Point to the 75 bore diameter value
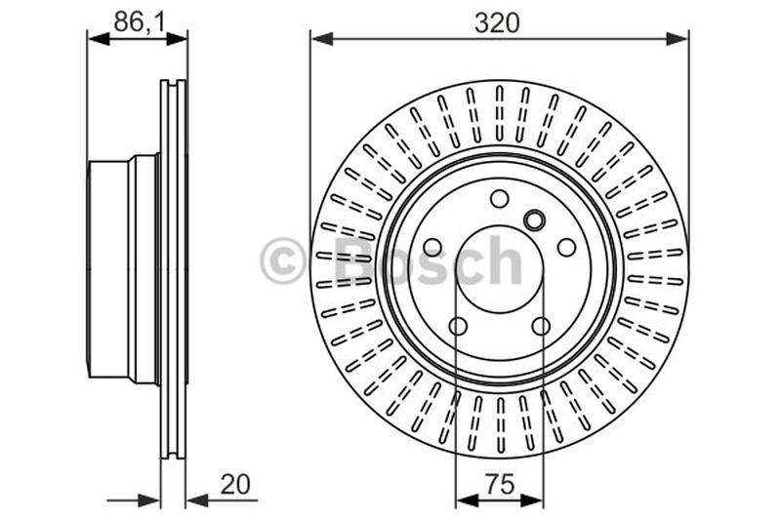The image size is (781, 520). (x=499, y=483)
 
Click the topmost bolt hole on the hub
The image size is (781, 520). (x=499, y=199)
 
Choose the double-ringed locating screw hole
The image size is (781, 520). (x=534, y=220)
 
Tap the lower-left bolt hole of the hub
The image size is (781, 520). (x=458, y=326)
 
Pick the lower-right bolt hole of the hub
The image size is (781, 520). (x=541, y=326)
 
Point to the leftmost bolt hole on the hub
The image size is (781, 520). (x=432, y=248)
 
